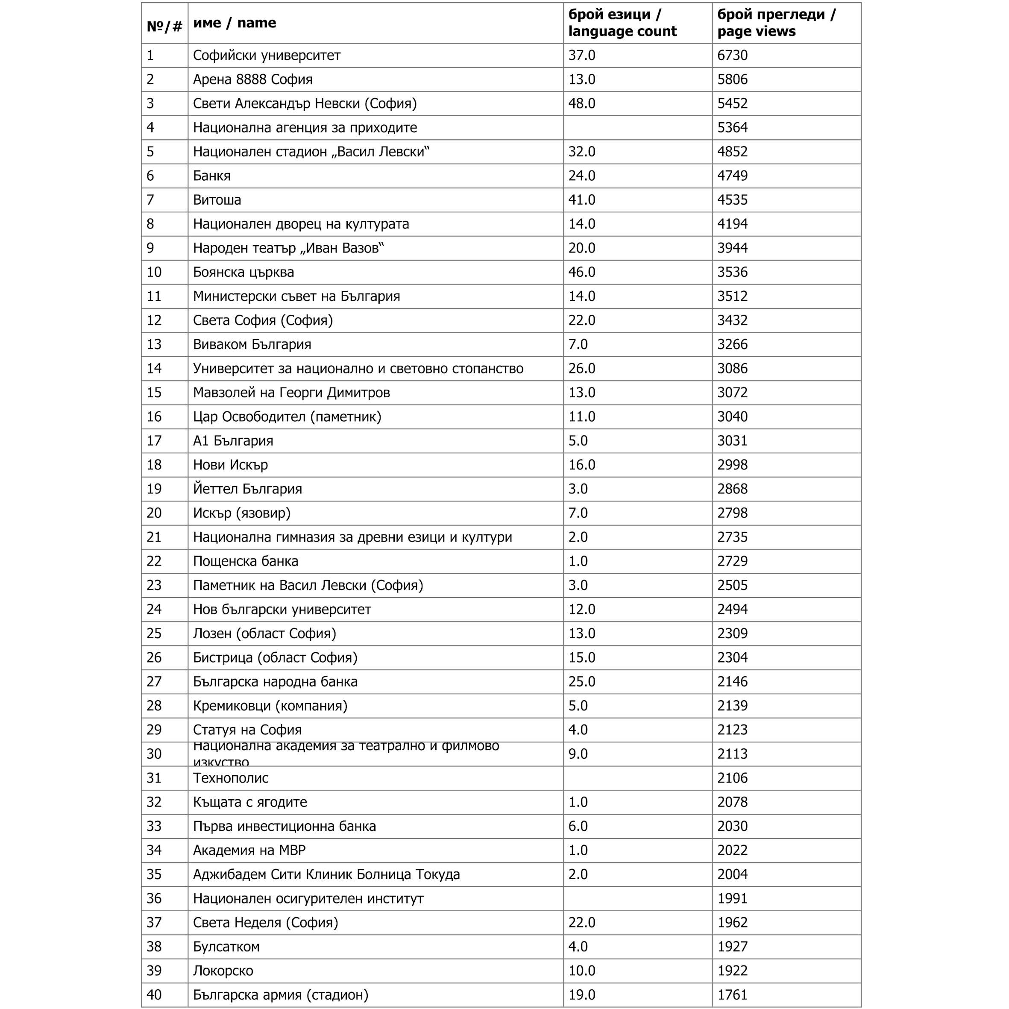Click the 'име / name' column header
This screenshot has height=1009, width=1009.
pyautogui.click(x=235, y=23)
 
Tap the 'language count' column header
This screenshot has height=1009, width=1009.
pyautogui.click(x=622, y=23)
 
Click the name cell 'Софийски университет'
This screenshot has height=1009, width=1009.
pyautogui.click(x=267, y=56)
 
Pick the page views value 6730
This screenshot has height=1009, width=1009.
pyautogui.click(x=732, y=56)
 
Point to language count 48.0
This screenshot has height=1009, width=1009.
pyautogui.click(x=582, y=103)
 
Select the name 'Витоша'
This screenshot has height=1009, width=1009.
pyautogui.click(x=217, y=200)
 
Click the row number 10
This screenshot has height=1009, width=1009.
pyautogui.click(x=154, y=272)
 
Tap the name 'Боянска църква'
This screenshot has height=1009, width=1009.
pyautogui.click(x=243, y=272)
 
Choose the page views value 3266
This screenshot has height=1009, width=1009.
pyautogui.click(x=732, y=345)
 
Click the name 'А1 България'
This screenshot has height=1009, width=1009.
pyautogui.click(x=233, y=441)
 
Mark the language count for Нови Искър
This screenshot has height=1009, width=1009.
pyautogui.click(x=582, y=465)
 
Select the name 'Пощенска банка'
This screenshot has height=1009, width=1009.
pyautogui.click(x=246, y=561)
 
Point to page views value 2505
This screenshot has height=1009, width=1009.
pyautogui.click(x=732, y=585)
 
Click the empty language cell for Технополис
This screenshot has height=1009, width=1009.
pyautogui.click(x=637, y=778)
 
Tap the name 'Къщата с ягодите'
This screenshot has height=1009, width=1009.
pyautogui.click(x=249, y=802)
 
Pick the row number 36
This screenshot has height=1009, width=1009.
pyautogui.click(x=154, y=898)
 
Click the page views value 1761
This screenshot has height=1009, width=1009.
pyautogui.click(x=732, y=995)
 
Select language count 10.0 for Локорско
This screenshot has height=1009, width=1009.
pyautogui.click(x=582, y=971)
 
